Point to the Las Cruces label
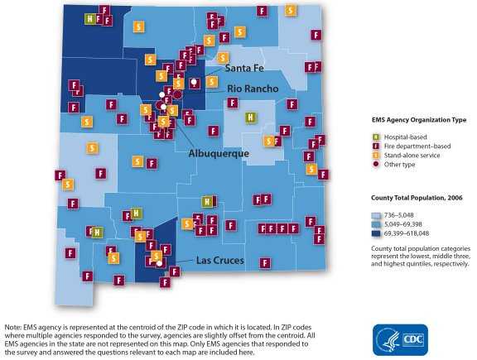point(219,260)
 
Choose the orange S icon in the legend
point(377,156)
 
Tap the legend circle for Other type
point(377,165)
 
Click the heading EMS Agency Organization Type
point(419,120)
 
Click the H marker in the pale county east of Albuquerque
point(249,118)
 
